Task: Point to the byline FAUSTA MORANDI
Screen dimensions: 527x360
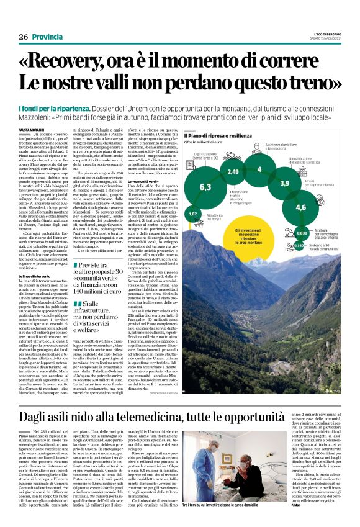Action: coord(32,128)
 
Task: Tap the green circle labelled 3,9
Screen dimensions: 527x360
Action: coord(285,183)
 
